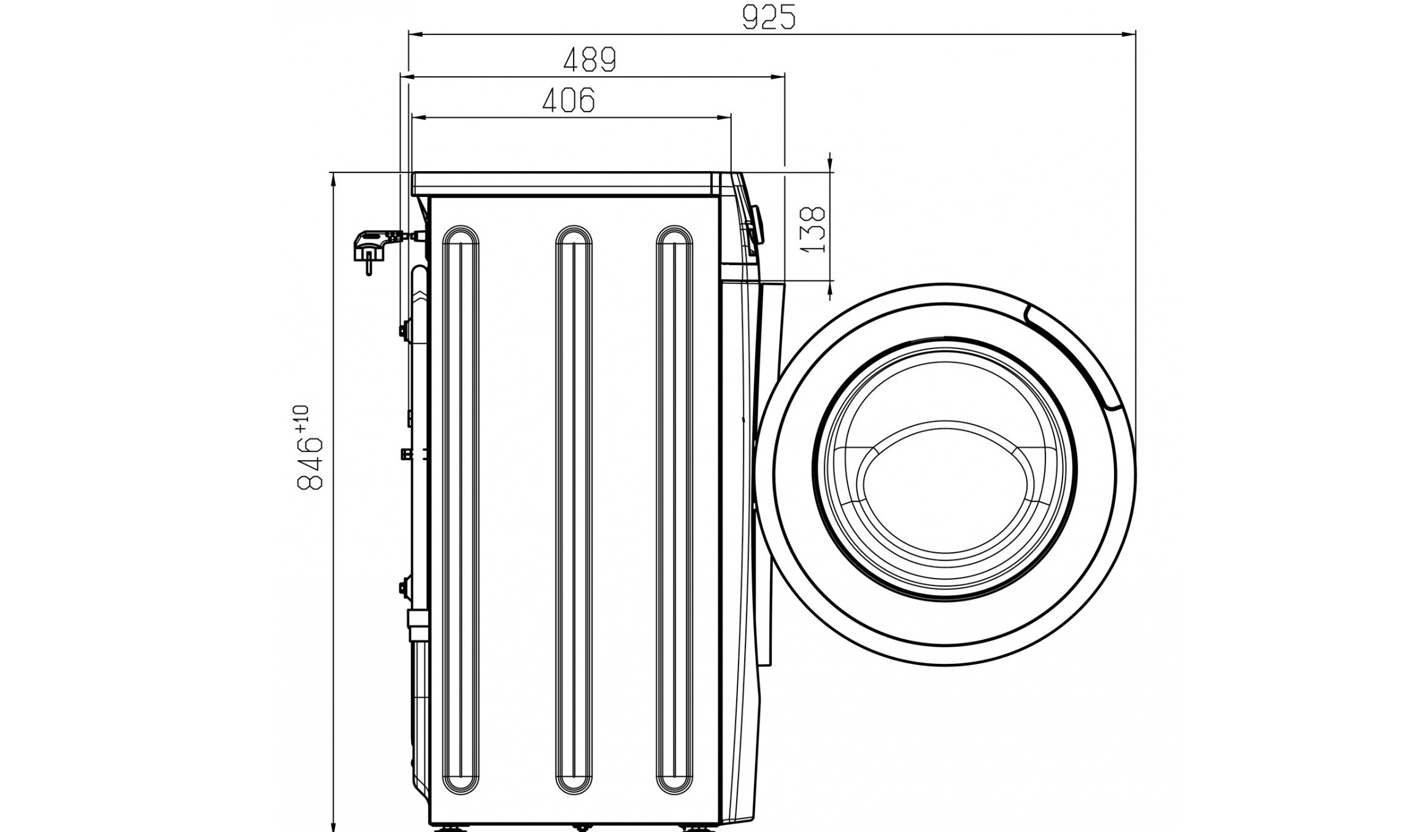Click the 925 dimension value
point(768,18)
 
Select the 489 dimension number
point(589,60)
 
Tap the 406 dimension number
point(569,100)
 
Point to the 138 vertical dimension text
point(814,230)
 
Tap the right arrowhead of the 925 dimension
point(1129,35)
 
